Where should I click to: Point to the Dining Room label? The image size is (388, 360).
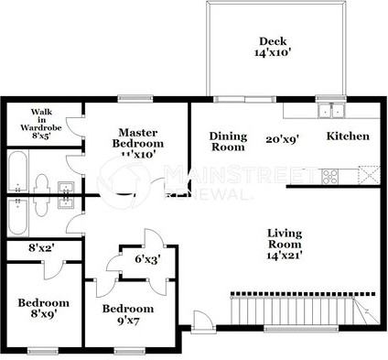click(228, 141)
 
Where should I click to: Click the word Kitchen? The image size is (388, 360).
click(349, 136)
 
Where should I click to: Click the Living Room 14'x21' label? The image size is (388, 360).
click(285, 245)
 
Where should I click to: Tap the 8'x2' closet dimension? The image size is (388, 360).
click(38, 247)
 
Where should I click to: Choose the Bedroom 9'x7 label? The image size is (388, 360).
click(127, 315)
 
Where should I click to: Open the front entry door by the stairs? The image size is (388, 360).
click(202, 322)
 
